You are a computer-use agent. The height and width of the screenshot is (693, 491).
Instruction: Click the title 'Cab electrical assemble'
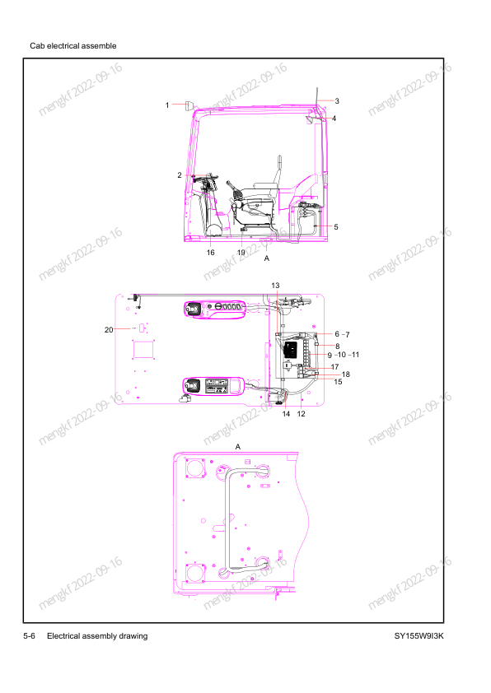pos(73,46)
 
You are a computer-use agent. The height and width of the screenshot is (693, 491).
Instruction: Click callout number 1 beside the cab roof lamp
pos(167,105)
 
